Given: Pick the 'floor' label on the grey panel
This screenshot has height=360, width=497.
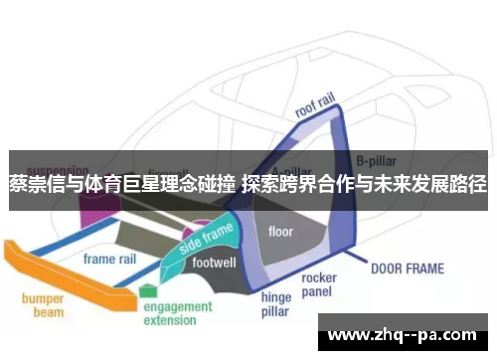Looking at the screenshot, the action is pyautogui.click(x=281, y=232).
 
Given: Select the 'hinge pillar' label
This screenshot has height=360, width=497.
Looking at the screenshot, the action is pyautogui.click(x=275, y=303).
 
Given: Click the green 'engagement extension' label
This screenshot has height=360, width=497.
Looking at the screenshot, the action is pyautogui.click(x=178, y=313).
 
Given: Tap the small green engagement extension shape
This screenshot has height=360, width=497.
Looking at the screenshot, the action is pyautogui.click(x=148, y=290).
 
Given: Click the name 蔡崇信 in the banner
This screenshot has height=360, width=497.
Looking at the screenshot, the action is pyautogui.click(x=32, y=184).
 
